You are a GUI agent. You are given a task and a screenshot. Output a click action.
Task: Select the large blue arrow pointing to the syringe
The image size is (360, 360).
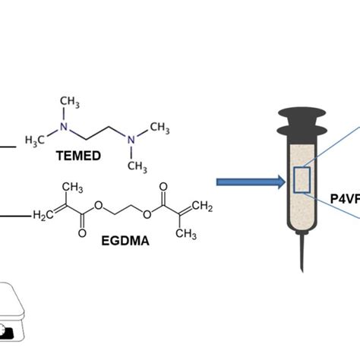coord(245,182)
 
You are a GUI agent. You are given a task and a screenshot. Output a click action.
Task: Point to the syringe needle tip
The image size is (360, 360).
coord(302,267)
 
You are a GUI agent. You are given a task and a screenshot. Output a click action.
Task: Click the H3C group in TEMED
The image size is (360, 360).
coord(36,141)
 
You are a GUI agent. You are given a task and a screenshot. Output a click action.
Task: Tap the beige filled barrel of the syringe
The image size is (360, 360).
coord(302,205)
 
